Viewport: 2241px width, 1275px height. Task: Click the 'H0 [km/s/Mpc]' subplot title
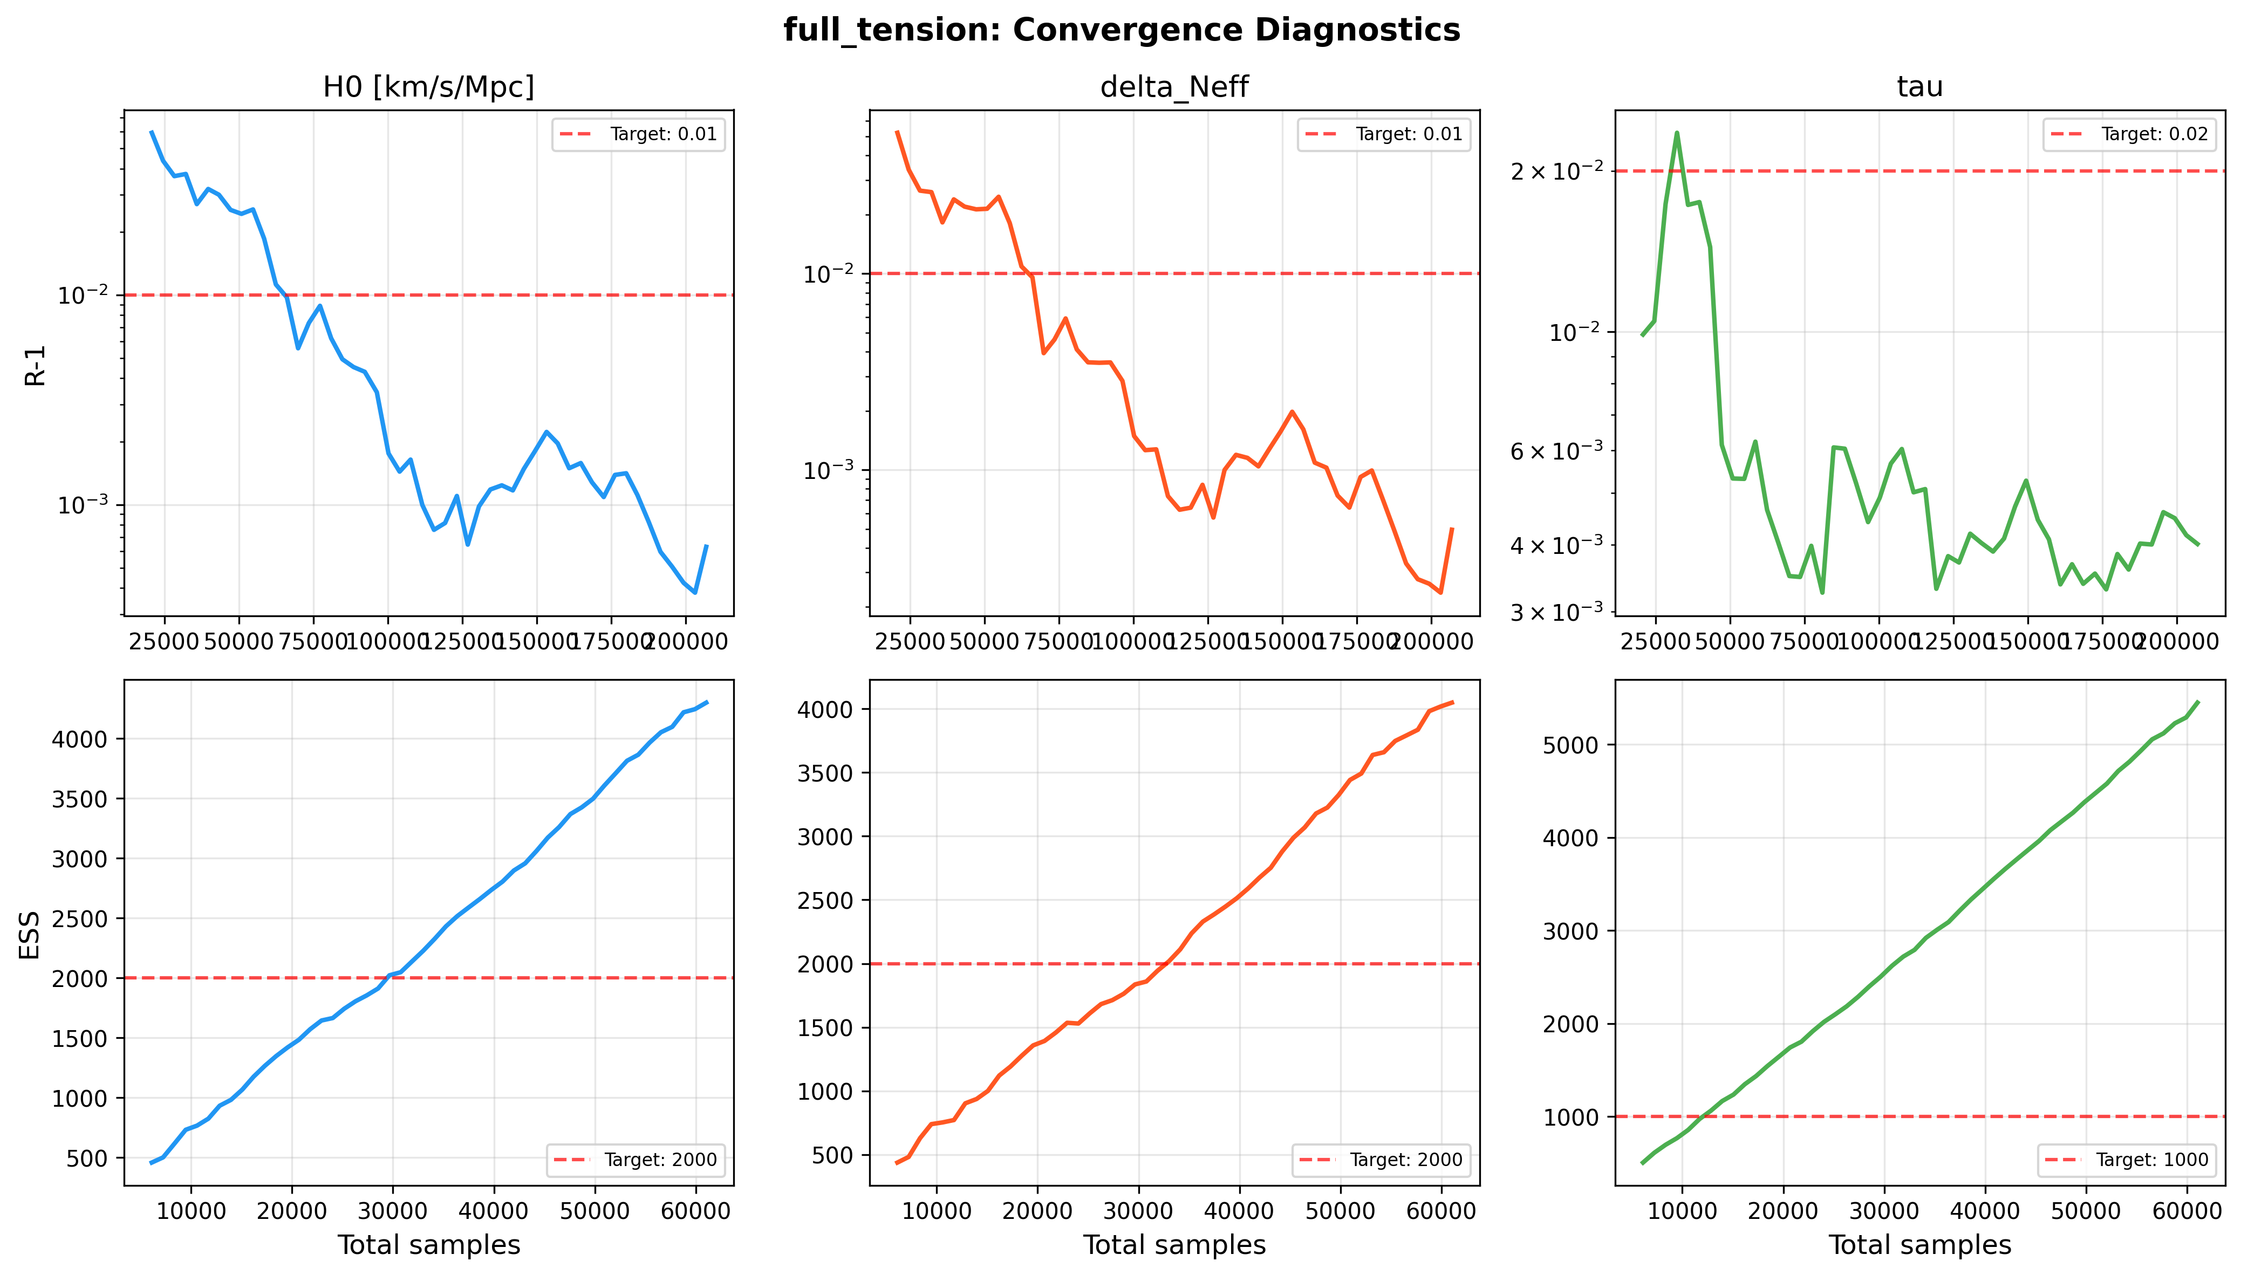[428, 87]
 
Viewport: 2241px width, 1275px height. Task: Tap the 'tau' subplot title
[1919, 87]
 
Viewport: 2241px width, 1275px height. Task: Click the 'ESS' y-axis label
[31, 934]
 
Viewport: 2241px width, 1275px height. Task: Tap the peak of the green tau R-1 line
[1676, 133]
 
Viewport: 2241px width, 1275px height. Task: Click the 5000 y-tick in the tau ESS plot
[1570, 745]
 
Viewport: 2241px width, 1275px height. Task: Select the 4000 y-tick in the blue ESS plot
[80, 739]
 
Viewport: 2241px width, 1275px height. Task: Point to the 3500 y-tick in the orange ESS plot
[825, 773]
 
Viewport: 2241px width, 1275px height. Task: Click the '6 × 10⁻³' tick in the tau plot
[1556, 451]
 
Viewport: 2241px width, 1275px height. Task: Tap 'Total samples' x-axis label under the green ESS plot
[1919, 1244]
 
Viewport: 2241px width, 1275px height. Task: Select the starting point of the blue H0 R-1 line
[152, 132]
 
